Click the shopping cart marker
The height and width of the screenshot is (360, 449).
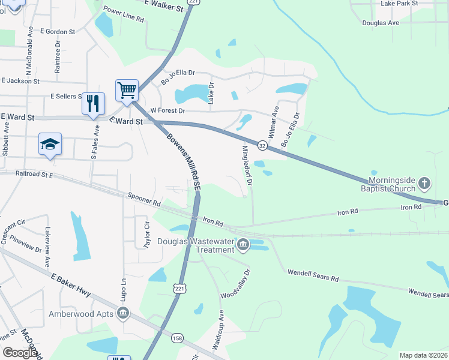(x=127, y=91)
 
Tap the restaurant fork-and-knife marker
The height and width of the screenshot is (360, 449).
(x=93, y=103)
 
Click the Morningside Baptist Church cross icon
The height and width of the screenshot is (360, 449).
(x=424, y=182)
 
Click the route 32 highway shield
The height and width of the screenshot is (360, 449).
(x=262, y=145)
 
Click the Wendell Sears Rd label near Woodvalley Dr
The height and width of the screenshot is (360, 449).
(x=313, y=275)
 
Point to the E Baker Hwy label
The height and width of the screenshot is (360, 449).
(x=71, y=284)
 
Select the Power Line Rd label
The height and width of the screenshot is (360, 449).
(x=124, y=15)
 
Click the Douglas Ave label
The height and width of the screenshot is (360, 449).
(x=381, y=23)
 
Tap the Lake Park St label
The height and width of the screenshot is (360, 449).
(x=399, y=4)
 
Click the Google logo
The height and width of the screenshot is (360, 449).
(x=20, y=353)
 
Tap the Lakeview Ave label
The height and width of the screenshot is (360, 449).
(x=47, y=247)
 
